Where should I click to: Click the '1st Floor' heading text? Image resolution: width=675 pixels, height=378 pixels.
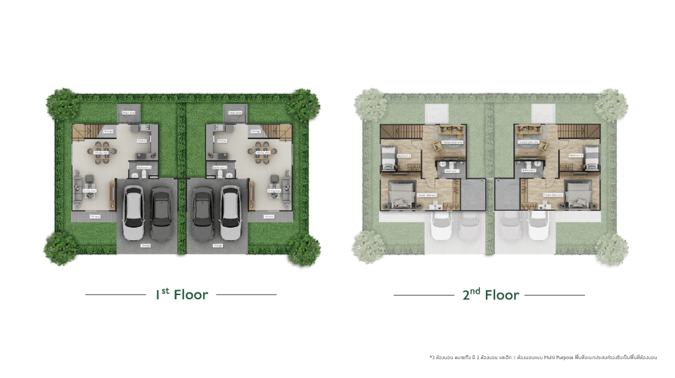(x=181, y=294)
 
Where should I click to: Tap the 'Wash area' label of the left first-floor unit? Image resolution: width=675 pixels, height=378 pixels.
(x=129, y=112)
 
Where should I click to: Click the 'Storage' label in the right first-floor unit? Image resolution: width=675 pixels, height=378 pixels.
(x=256, y=131)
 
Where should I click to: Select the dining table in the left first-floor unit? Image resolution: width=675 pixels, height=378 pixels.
(x=100, y=152)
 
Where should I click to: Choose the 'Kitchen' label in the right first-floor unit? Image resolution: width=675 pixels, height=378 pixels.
(x=222, y=141)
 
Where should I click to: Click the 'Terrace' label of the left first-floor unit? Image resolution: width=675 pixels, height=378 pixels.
(x=95, y=217)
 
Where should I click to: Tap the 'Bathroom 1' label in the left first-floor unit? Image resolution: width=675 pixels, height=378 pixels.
(x=143, y=167)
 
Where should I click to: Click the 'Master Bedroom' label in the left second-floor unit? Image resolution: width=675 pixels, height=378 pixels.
(x=427, y=195)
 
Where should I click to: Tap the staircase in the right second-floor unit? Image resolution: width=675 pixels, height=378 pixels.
(x=576, y=131)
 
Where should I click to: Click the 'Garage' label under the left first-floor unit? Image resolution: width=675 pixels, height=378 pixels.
(x=146, y=245)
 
